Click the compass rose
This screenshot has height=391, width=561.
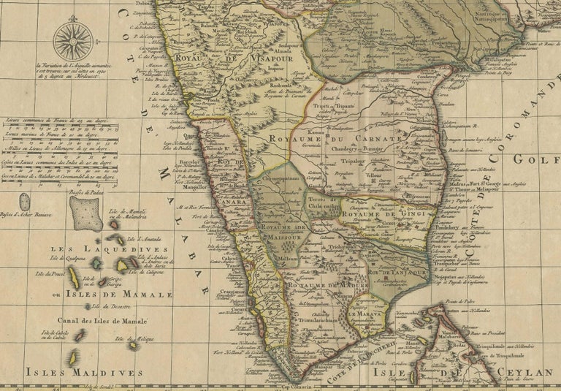coord(73,41)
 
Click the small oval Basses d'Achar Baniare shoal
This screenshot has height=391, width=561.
coord(25,202)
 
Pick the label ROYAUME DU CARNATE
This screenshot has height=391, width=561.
coord(335,138)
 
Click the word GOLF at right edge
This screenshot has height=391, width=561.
coord(544,159)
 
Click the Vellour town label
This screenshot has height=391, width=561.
coord(373,176)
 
